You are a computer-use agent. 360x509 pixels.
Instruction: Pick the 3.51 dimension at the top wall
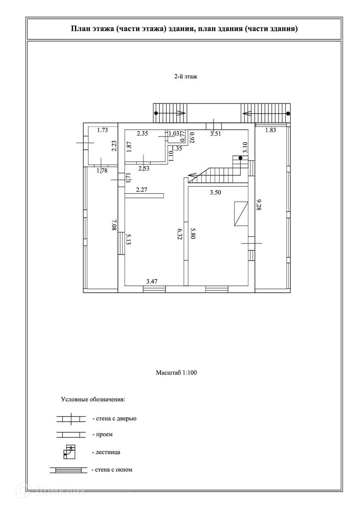[x=217, y=133]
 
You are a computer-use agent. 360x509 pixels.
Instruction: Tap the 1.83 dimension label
[x=270, y=130]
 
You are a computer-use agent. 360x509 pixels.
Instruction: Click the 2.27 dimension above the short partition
[x=141, y=190]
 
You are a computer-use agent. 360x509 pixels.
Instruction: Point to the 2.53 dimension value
[x=144, y=168]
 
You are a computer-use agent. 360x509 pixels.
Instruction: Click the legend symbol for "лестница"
[x=69, y=452]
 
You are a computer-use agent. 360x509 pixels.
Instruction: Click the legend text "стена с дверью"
[x=116, y=418]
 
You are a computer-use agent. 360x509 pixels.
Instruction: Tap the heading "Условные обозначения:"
[x=93, y=399]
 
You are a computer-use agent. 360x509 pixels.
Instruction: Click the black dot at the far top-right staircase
[x=288, y=113]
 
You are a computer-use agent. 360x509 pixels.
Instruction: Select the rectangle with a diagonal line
[x=241, y=214]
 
